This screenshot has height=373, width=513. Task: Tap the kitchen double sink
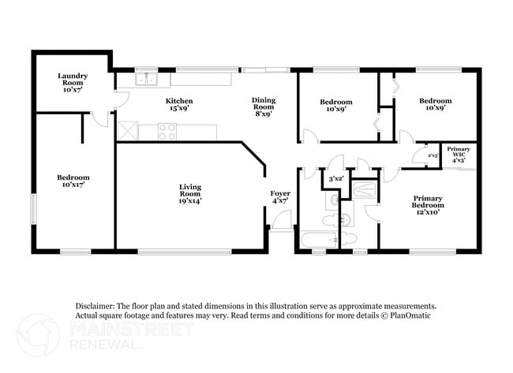point(146,78)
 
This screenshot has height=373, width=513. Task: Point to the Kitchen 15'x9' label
point(179,105)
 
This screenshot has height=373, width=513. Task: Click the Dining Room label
point(264,105)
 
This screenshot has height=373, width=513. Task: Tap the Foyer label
point(280,197)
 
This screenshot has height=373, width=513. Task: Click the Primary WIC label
point(459,154)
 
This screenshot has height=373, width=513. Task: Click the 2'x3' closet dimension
point(432,155)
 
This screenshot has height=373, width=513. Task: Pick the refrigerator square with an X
point(126,131)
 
